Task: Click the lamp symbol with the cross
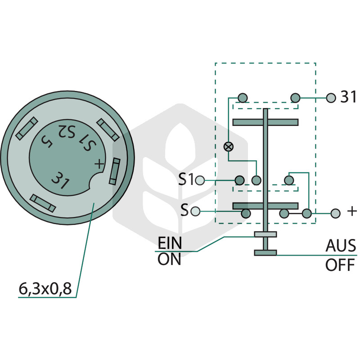pyautogui.click(x=229, y=147)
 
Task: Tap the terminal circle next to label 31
pyautogui.click(x=331, y=98)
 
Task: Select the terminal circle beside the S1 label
pyautogui.click(x=199, y=180)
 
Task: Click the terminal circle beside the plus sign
pyautogui.click(x=335, y=213)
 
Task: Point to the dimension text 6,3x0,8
pyautogui.click(x=45, y=288)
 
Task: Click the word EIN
pyautogui.click(x=170, y=243)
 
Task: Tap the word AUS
pyautogui.click(x=341, y=246)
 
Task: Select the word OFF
pyautogui.click(x=340, y=265)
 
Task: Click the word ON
pyautogui.click(x=169, y=259)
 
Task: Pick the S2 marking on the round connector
pyautogui.click(x=66, y=131)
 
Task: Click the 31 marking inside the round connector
pyautogui.click(x=60, y=180)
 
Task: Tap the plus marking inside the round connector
pyautogui.click(x=99, y=164)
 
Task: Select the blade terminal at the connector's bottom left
pyautogui.click(x=43, y=203)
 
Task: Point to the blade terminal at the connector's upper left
pyautogui.click(x=27, y=128)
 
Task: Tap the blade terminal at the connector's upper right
pyautogui.click(x=108, y=130)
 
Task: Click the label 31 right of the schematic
pyautogui.click(x=348, y=97)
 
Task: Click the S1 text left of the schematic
pyautogui.click(x=186, y=179)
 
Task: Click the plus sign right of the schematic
pyautogui.click(x=352, y=211)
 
